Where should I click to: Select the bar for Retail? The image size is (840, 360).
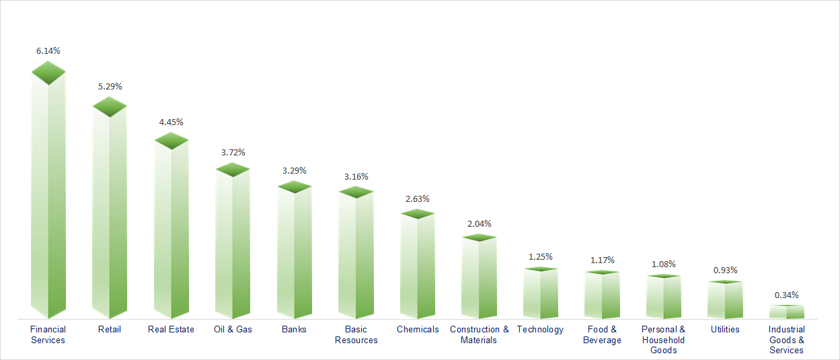[110, 215]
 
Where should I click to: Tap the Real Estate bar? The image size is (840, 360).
[171, 232]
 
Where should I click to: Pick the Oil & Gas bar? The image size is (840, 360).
[233, 246]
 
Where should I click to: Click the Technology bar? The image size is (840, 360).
[541, 295]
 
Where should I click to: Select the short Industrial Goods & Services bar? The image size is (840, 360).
[787, 312]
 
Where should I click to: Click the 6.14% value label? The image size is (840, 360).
[48, 50]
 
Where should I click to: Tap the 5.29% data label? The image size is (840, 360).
[110, 86]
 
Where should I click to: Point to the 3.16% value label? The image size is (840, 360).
[356, 176]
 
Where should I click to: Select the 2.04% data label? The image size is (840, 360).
[479, 223]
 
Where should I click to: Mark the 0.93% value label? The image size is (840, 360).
[725, 270]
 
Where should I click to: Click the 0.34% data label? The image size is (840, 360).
[787, 295]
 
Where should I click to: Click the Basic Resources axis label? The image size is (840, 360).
[356, 334]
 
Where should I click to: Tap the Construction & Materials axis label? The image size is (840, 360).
[479, 334]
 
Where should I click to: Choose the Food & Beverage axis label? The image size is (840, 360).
[602, 334]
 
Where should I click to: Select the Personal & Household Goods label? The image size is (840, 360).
[663, 340]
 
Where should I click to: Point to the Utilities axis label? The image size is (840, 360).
[725, 329]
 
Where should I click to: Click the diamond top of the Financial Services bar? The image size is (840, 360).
[48, 73]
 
